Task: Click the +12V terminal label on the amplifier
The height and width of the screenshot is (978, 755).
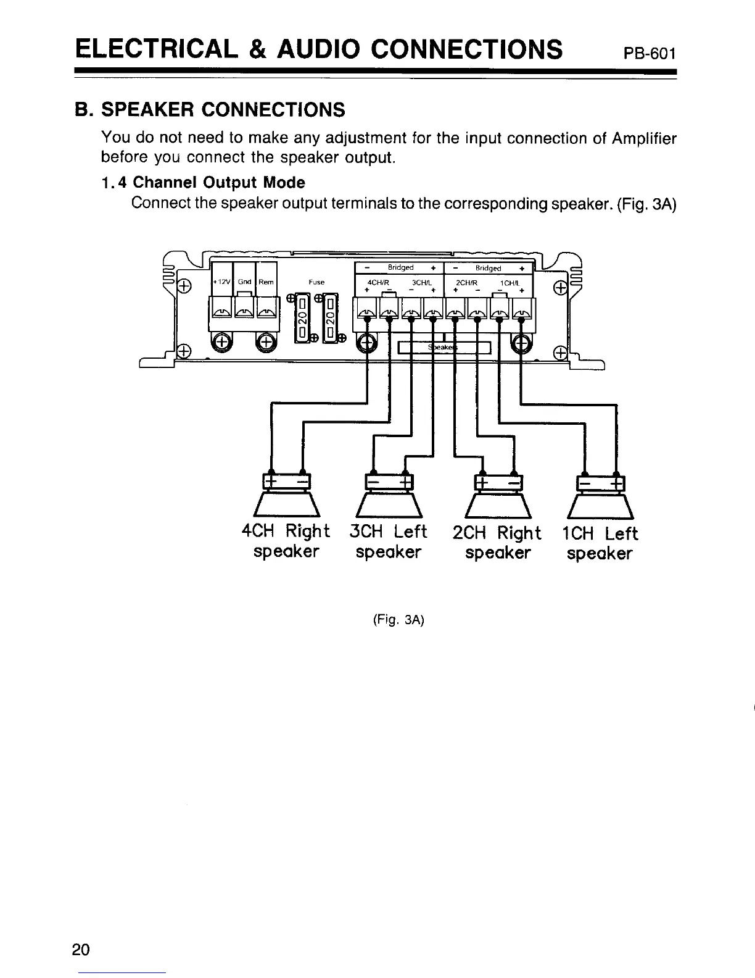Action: click(x=221, y=282)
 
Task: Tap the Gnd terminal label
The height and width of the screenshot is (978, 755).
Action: click(x=244, y=282)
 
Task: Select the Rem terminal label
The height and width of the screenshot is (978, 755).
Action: click(x=266, y=282)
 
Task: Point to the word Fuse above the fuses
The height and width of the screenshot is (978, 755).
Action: click(x=316, y=282)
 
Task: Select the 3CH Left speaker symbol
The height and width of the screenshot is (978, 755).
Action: click(x=389, y=497)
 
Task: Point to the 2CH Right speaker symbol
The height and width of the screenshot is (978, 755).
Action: click(x=498, y=497)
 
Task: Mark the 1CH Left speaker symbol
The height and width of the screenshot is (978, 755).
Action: click(x=600, y=497)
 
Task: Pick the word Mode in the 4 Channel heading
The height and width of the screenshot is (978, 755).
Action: click(x=283, y=183)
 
